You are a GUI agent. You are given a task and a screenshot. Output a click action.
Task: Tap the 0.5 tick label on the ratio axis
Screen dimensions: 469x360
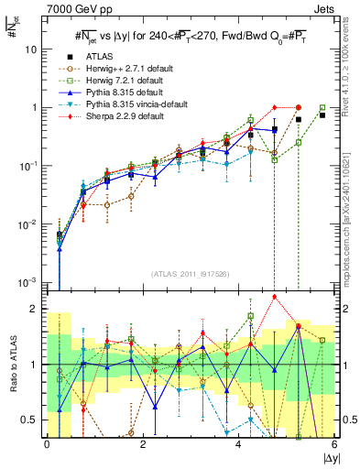(x=30, y=420)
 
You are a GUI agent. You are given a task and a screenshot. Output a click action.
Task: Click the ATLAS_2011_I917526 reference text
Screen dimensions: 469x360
(x=191, y=272)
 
